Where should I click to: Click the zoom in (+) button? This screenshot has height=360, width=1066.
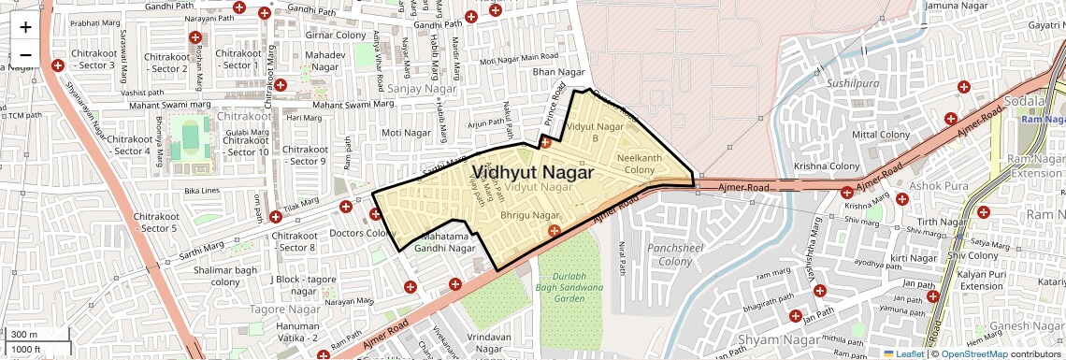pyautogui.click(x=25, y=26)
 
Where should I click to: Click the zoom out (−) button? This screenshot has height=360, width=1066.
pyautogui.click(x=25, y=54)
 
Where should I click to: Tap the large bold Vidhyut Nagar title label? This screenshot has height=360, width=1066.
pyautogui.click(x=533, y=172)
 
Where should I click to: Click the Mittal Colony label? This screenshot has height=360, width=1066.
pyautogui.click(x=881, y=135)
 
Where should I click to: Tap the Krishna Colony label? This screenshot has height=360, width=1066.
pyautogui.click(x=826, y=166)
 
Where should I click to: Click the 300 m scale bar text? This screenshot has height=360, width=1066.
pyautogui.click(x=24, y=334)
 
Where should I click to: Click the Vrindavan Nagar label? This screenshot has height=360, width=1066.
pyautogui.click(x=495, y=341)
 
